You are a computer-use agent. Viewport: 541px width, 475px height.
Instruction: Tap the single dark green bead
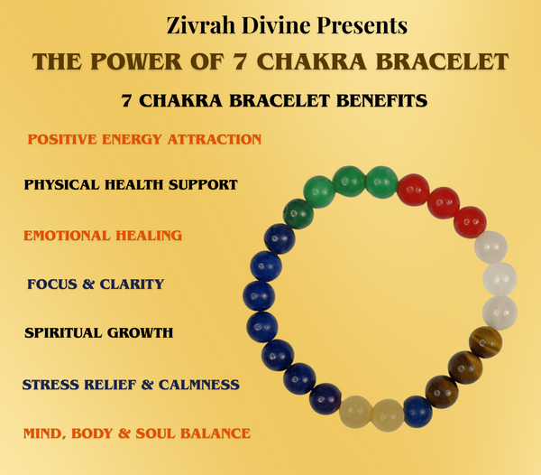click(298, 214)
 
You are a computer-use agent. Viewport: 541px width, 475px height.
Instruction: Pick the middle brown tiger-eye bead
click(465, 368)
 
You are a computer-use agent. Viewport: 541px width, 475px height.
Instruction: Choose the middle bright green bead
click(348, 182)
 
